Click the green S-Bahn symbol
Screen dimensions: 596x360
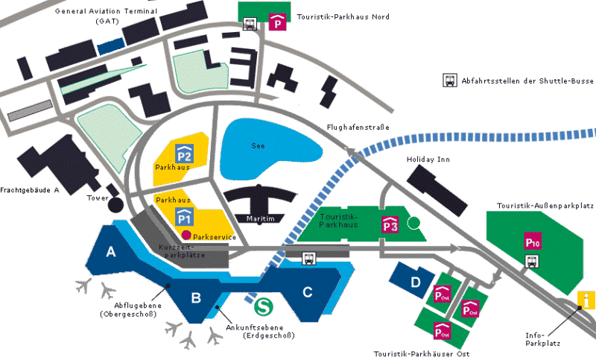pyautogui.click(x=264, y=306)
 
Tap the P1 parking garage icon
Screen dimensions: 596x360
pyautogui.click(x=184, y=217)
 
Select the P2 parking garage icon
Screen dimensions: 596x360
pyautogui.click(x=184, y=154)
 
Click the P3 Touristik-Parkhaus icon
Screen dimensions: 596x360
pyautogui.click(x=390, y=224)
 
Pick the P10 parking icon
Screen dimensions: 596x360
pyautogui.click(x=533, y=241)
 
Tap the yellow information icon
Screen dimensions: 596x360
pyautogui.click(x=586, y=300)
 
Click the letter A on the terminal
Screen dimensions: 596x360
pyautogui.click(x=110, y=252)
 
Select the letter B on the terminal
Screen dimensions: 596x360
pyautogui.click(x=196, y=297)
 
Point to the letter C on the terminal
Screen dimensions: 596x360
pyautogui.click(x=308, y=292)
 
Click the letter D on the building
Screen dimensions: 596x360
pyautogui.click(x=416, y=282)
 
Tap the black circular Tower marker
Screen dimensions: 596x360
pyautogui.click(x=115, y=205)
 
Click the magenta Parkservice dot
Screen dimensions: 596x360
pyautogui.click(x=186, y=235)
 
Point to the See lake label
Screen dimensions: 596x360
pyautogui.click(x=258, y=146)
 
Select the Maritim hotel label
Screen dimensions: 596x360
pyautogui.click(x=260, y=218)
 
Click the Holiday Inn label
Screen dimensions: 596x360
pyautogui.click(x=428, y=160)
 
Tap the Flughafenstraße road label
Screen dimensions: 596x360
pyautogui.click(x=358, y=127)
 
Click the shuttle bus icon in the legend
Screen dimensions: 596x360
pyautogui.click(x=450, y=80)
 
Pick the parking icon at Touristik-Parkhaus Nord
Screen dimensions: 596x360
pyautogui.click(x=278, y=22)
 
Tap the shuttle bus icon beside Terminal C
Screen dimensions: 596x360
pyautogui.click(x=309, y=259)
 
